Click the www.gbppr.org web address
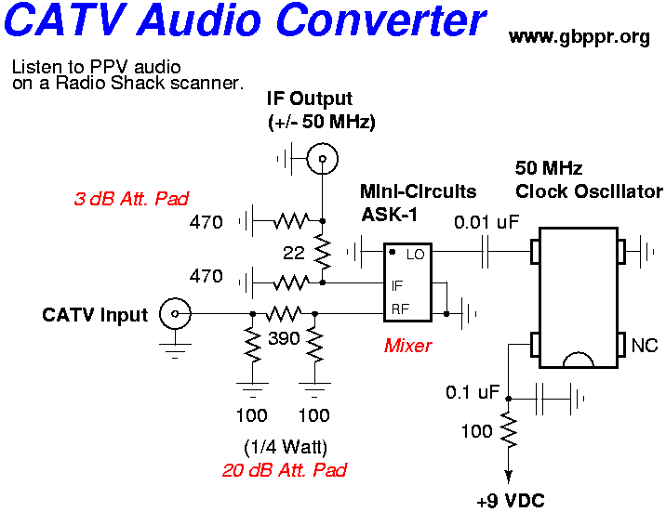(x=579, y=37)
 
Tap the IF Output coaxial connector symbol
(x=322, y=159)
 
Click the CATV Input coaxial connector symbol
(x=172, y=314)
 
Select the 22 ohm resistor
(x=322, y=250)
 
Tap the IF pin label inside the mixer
(x=397, y=286)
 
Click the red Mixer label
(x=407, y=346)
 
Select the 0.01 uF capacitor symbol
(x=486, y=252)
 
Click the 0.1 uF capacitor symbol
(x=541, y=400)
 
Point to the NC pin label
(x=644, y=346)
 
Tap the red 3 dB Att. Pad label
(x=131, y=198)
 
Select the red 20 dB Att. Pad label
(x=284, y=470)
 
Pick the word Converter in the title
(x=376, y=21)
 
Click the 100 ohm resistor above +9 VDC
(x=508, y=431)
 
